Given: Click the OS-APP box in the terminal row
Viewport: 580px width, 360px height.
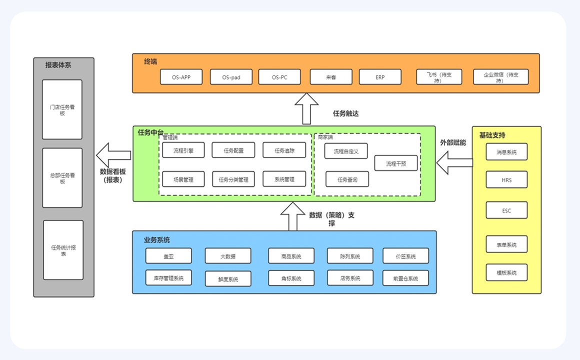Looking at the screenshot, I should point(181,77).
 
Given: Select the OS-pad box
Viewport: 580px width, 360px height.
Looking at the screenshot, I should point(231,77).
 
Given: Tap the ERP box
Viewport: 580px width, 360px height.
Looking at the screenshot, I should point(380,77).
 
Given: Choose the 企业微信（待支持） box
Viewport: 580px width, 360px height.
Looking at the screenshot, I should point(500,77).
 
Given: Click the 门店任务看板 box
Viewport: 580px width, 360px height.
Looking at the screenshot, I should point(62,109).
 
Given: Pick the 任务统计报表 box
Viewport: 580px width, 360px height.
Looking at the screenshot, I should point(63,250).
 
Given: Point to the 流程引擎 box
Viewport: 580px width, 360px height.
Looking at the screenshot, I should point(183,150).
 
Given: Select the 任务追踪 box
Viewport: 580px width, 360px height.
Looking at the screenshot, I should point(284,150).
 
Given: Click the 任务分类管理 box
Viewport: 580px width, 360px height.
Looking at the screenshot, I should point(233,179).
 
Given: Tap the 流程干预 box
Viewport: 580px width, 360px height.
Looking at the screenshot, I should point(396,163).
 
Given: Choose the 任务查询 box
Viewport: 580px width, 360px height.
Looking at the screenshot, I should point(347,179).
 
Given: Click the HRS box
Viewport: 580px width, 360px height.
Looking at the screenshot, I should point(506,180).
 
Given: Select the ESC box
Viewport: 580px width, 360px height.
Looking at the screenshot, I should point(506,210).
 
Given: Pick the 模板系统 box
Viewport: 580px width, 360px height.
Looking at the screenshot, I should point(506,272).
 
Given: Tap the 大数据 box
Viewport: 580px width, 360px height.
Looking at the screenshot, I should point(228,256).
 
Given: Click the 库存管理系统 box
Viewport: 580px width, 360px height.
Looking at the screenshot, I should point(168,278).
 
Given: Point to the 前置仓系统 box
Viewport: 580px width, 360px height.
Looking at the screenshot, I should point(405,278).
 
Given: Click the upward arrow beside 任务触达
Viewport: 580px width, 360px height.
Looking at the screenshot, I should point(306,109).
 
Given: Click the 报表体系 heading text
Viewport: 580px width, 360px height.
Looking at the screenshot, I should point(58,65).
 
